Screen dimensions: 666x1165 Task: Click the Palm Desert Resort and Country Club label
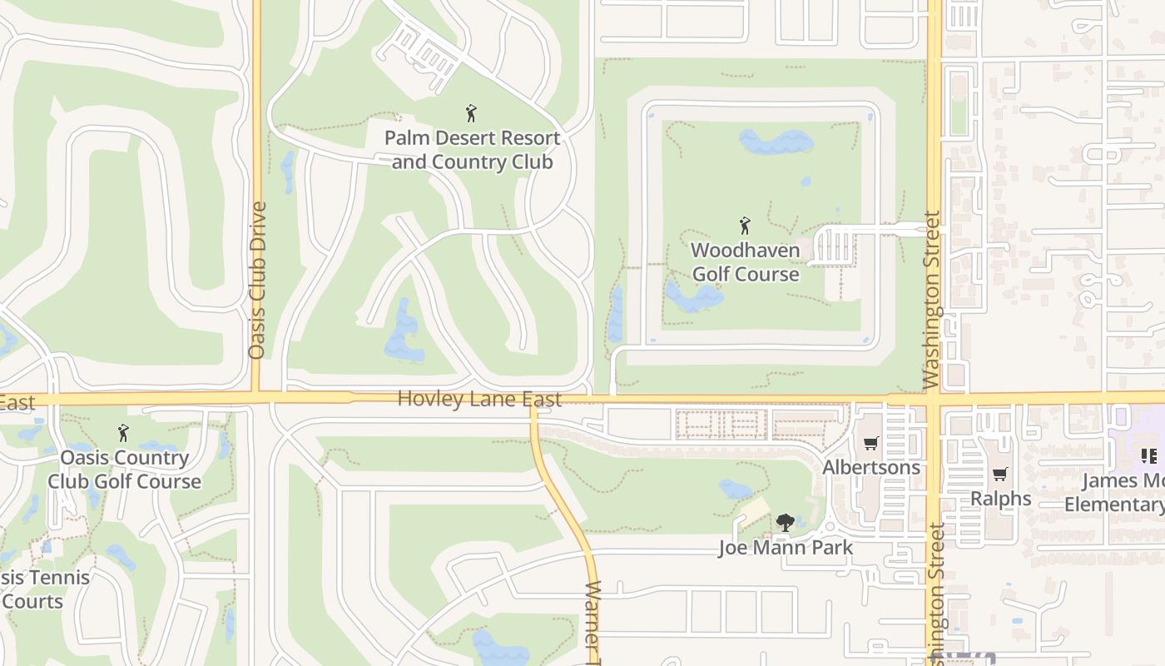tap(472, 150)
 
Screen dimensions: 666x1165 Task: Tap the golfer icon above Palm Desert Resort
tap(471, 113)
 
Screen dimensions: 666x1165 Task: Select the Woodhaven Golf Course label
tap(746, 262)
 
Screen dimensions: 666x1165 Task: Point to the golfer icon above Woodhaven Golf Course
tap(745, 226)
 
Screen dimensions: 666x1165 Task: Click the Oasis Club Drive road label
tap(257, 280)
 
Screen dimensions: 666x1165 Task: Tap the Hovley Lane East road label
tap(479, 399)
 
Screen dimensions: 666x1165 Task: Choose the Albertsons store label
tap(871, 467)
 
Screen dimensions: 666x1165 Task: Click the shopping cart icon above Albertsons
tap(871, 444)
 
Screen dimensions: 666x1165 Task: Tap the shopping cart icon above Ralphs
tap(1000, 475)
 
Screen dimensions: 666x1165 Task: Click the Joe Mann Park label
tap(786, 548)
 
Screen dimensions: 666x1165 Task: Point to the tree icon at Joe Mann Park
tap(785, 523)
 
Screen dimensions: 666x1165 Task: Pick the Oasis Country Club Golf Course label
tap(124, 470)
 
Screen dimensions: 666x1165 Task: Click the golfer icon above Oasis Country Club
tap(123, 433)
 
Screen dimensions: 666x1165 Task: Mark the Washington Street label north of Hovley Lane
tap(931, 301)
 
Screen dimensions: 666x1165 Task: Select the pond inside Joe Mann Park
tap(736, 490)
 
